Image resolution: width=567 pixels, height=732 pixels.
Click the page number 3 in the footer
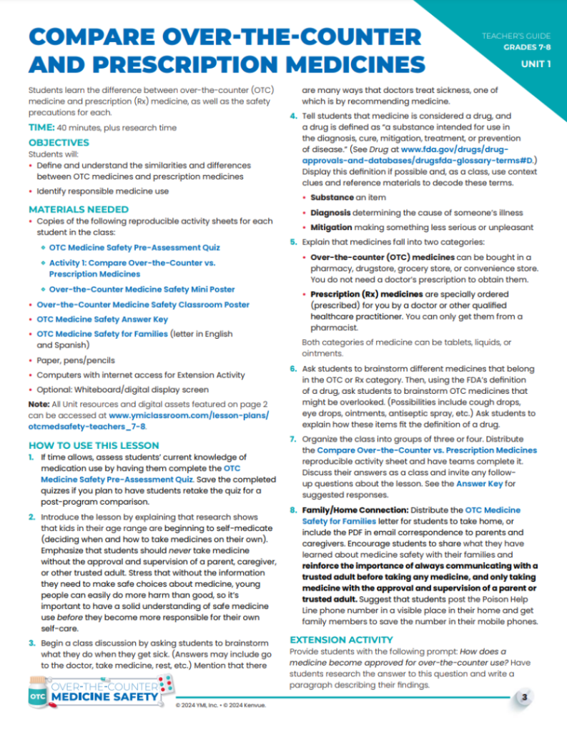(x=524, y=697)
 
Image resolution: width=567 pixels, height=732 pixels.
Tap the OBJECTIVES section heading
(x=59, y=143)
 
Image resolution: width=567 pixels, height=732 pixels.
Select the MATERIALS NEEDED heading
(x=79, y=209)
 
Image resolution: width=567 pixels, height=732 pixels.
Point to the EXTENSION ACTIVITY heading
(x=340, y=639)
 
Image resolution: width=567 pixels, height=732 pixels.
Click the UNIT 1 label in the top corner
(x=535, y=64)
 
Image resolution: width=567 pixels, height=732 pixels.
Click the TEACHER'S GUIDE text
(x=517, y=35)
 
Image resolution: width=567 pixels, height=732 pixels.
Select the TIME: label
(x=41, y=127)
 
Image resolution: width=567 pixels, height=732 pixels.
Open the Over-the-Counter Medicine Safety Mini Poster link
(x=142, y=290)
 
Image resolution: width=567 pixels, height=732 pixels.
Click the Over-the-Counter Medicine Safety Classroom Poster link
(x=143, y=305)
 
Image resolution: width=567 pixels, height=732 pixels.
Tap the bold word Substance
(x=332, y=197)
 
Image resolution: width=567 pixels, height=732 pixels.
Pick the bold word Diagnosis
(x=332, y=212)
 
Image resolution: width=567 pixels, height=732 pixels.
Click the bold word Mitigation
(x=333, y=227)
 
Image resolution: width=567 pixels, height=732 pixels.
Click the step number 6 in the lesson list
(x=293, y=369)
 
